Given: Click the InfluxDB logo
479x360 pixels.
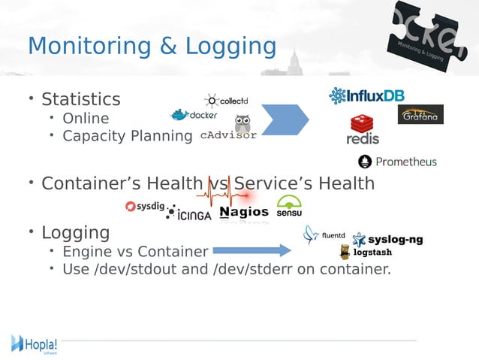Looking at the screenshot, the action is point(367,96).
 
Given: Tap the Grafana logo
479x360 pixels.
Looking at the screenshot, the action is point(420,115).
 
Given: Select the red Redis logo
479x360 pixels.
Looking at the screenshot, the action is point(363,130).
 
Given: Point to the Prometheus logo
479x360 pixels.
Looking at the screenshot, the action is point(397,162).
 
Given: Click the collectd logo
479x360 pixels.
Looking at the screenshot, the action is point(227,101).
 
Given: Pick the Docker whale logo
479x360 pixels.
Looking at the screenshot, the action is point(194,115).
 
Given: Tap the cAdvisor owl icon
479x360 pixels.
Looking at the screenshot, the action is point(243,124).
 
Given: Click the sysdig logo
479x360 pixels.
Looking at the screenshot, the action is point(145,206).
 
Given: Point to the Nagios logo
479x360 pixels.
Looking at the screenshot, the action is point(244,212).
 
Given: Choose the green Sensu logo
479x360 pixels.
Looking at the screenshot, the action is point(289,206).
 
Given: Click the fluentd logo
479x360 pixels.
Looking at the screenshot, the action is point(324,235).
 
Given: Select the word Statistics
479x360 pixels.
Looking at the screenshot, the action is point(80,99).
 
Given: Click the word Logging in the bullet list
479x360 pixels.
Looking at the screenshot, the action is point(75,232).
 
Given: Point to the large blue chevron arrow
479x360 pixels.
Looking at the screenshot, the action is point(285,119).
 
